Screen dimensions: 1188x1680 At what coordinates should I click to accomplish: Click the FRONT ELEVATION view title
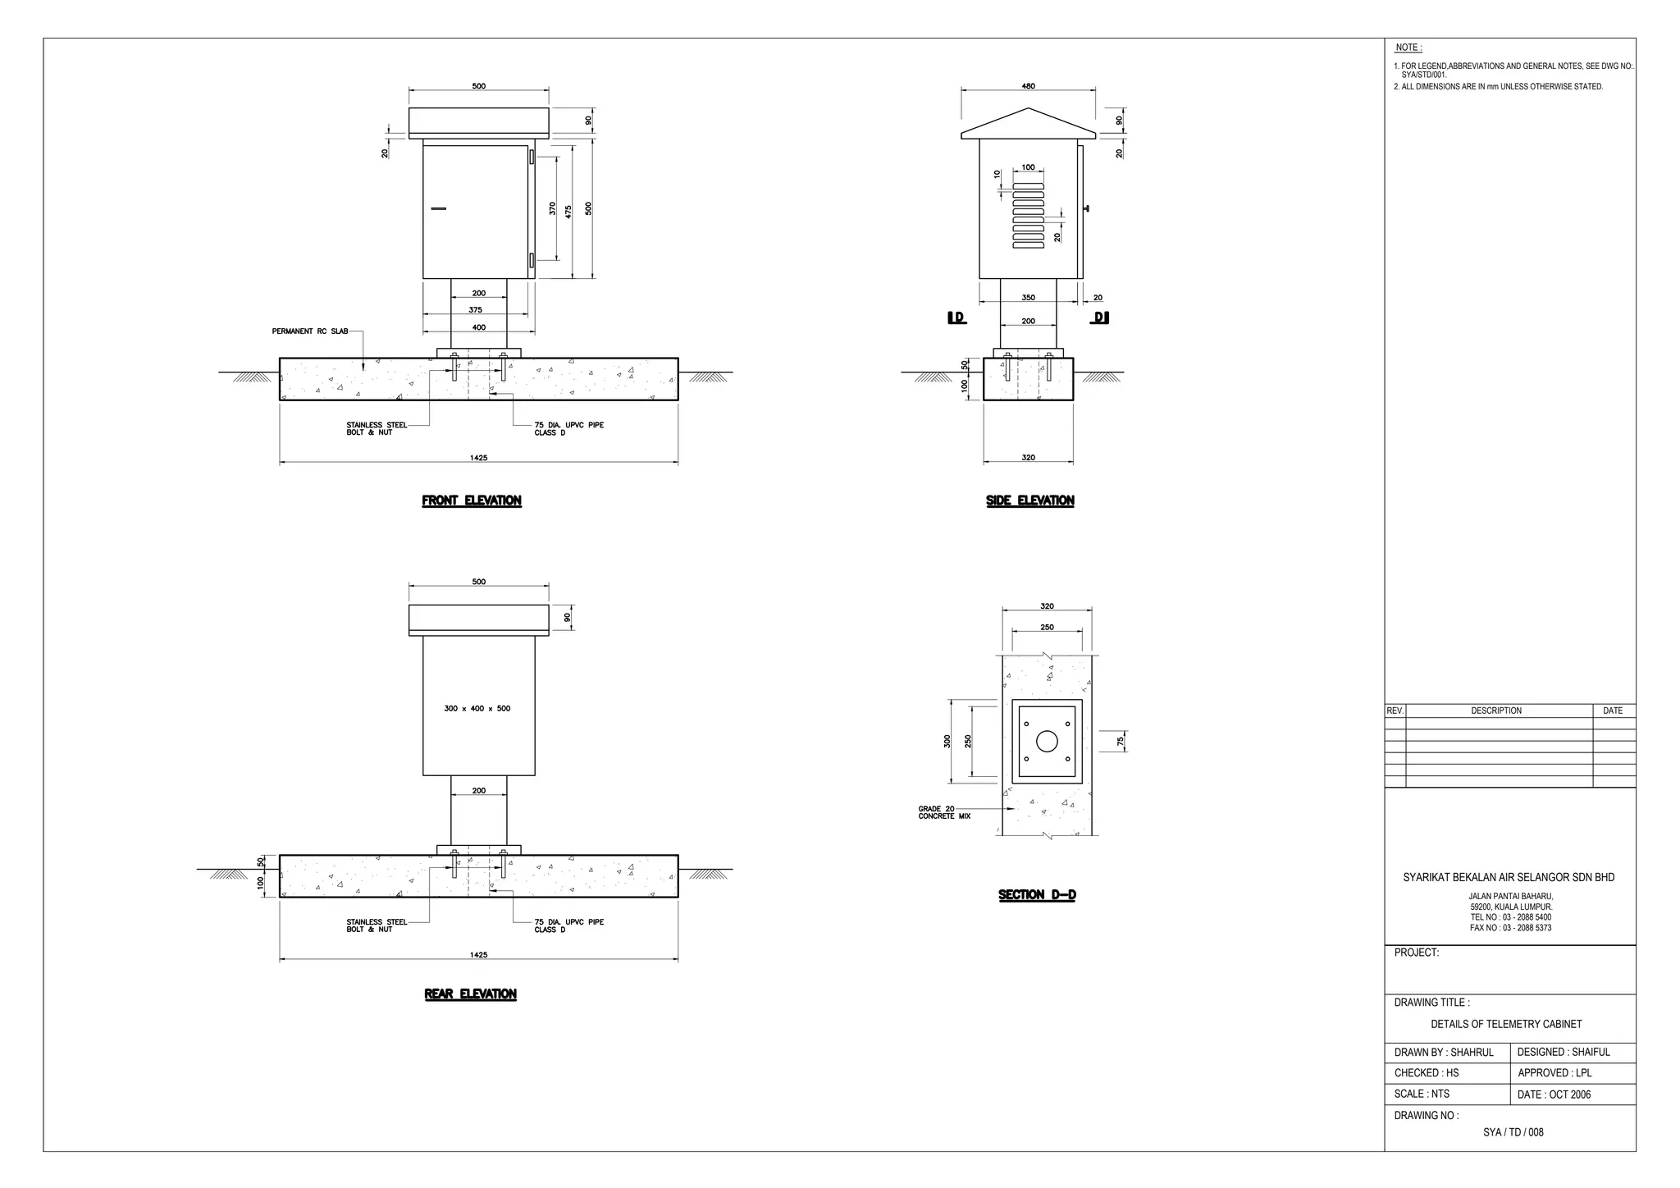(x=472, y=500)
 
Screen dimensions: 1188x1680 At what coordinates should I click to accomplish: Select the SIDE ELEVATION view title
(x=1029, y=500)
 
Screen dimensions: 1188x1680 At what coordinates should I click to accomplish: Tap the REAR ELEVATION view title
(x=470, y=994)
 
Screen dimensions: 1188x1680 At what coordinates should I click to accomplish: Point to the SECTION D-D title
(x=1037, y=895)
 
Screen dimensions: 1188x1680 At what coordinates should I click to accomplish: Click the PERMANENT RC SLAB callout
(x=310, y=331)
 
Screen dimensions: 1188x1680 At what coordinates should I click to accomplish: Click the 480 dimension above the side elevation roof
(x=1028, y=86)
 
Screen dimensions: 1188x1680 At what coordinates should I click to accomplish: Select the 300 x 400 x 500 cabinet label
(x=477, y=709)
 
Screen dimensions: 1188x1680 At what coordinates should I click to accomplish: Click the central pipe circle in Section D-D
(x=1047, y=742)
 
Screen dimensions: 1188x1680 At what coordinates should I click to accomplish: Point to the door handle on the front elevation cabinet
(x=438, y=209)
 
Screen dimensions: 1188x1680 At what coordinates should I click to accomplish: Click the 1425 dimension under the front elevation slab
(x=478, y=458)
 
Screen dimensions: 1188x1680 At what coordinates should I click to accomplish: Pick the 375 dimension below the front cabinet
(x=476, y=310)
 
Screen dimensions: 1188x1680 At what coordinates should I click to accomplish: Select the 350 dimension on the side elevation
(x=1028, y=298)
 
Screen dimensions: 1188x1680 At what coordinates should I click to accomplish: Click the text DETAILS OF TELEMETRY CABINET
(x=1506, y=1025)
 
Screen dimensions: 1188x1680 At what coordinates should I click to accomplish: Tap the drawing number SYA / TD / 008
(x=1513, y=1132)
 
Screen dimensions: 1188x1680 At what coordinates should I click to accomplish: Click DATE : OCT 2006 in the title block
(x=1554, y=1094)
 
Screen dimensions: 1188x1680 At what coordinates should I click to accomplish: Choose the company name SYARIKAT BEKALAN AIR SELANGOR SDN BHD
(x=1509, y=878)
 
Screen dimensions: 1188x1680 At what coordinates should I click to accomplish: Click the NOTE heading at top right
(x=1408, y=48)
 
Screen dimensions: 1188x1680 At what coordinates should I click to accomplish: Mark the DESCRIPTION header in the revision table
(x=1495, y=711)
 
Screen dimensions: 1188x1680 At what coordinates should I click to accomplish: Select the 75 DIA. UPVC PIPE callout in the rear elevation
(x=568, y=925)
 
